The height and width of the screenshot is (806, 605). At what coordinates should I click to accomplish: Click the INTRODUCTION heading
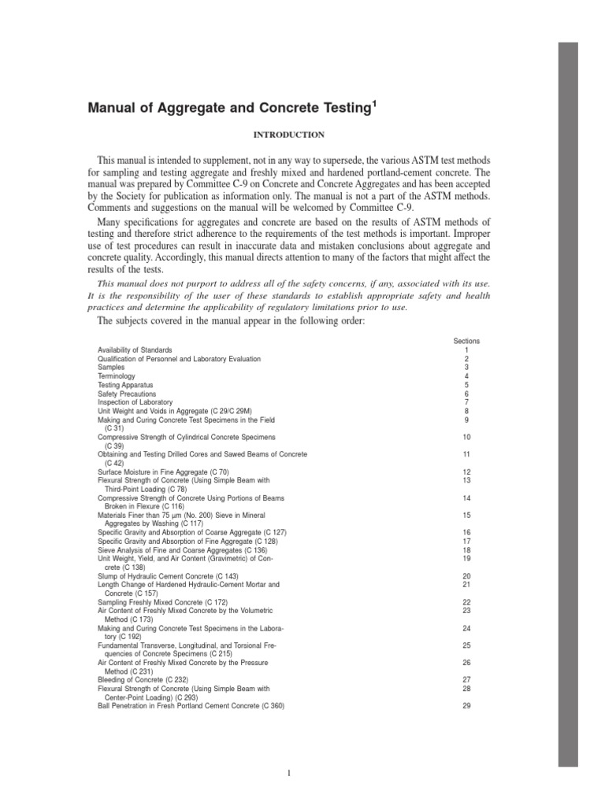290,135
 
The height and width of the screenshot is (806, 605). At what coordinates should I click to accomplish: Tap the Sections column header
466,341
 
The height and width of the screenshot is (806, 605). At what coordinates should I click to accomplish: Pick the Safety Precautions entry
127,394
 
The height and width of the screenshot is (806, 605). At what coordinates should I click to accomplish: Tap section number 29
466,706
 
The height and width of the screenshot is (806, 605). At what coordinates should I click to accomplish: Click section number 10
466,437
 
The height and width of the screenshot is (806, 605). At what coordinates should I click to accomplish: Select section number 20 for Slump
466,576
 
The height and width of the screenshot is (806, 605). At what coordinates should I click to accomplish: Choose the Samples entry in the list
110,368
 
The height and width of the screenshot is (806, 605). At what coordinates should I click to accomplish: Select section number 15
466,515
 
